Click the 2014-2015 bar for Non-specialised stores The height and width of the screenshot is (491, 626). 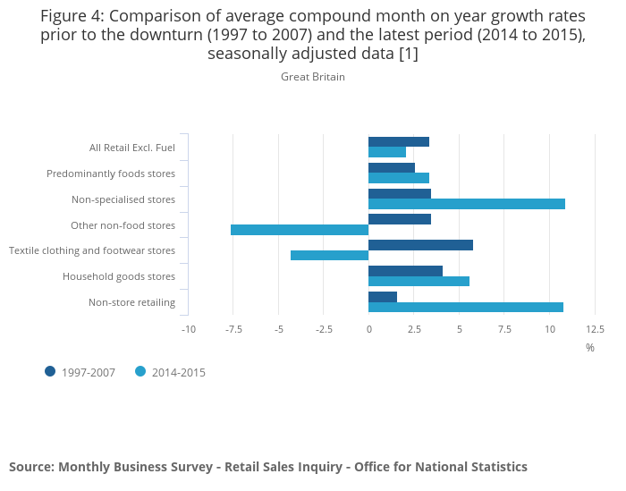click(x=467, y=204)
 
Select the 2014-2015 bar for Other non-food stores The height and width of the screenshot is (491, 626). click(x=300, y=230)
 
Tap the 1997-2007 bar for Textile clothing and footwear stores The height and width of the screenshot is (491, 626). click(x=420, y=245)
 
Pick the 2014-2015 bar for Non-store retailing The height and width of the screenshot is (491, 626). click(x=466, y=308)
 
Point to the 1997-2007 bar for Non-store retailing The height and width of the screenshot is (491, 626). click(x=383, y=297)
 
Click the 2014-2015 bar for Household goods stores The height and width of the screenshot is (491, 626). click(x=419, y=282)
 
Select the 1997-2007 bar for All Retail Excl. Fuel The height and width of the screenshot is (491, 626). click(x=399, y=141)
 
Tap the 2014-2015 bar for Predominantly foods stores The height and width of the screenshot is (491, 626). click(x=399, y=178)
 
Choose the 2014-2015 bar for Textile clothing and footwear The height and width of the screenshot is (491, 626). click(x=329, y=256)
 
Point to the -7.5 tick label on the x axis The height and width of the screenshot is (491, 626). click(x=233, y=329)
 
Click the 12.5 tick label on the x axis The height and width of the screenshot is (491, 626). click(x=595, y=329)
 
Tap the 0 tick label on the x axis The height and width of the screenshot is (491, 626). click(x=368, y=329)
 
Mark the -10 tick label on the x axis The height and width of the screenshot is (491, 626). click(x=188, y=329)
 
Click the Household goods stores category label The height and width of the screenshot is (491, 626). click(x=119, y=276)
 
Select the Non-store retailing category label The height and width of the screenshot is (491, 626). click(x=131, y=302)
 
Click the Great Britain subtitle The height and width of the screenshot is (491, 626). click(x=313, y=77)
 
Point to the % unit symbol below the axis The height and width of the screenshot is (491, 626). click(x=590, y=348)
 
